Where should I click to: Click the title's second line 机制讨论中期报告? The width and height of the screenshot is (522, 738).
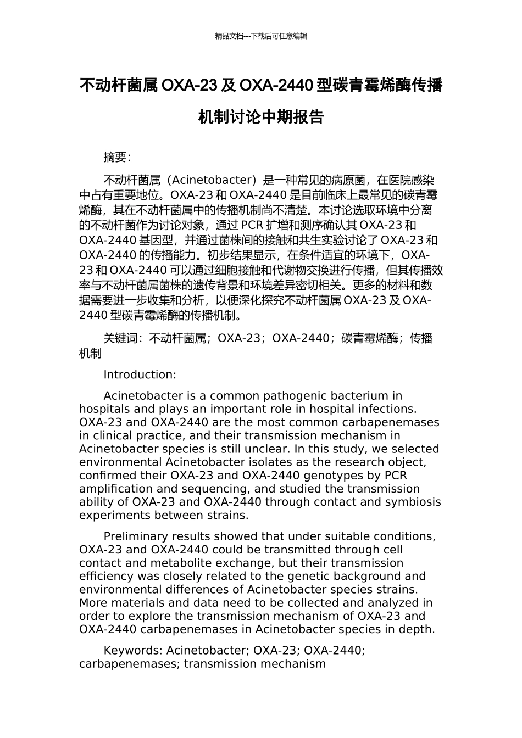click(x=261, y=117)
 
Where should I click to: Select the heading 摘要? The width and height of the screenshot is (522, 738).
click(x=116, y=158)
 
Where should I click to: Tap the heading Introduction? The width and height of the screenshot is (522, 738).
click(x=140, y=375)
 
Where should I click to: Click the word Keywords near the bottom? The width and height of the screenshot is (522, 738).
click(x=132, y=651)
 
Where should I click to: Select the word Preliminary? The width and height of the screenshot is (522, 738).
click(x=137, y=536)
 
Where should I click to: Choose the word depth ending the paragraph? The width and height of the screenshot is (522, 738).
click(x=418, y=629)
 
